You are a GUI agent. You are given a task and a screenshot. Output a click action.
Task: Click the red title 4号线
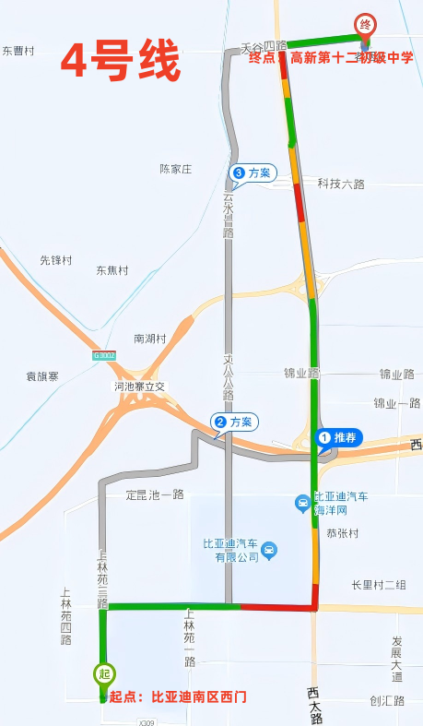[x=121, y=64]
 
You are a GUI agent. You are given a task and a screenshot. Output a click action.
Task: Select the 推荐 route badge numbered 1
[x=340, y=436]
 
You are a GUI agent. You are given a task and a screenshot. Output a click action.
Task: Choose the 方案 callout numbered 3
[x=253, y=173]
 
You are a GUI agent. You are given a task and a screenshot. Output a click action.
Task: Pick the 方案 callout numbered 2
[x=235, y=422]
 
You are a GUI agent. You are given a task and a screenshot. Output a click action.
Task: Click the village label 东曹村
[x=18, y=52]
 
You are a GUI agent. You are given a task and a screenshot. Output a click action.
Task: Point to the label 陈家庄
[x=175, y=169]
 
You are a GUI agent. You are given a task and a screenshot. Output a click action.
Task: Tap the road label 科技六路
[x=341, y=184]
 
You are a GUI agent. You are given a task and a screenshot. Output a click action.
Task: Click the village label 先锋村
[x=56, y=261]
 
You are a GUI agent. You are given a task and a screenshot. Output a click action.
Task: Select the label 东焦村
[x=112, y=270]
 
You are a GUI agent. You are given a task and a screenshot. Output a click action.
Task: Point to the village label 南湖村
[x=150, y=339]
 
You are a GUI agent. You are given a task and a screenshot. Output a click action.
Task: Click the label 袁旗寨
[x=42, y=376]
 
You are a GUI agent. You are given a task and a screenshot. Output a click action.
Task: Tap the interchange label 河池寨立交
[x=139, y=387]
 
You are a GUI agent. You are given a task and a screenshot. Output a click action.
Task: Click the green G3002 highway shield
[x=104, y=355]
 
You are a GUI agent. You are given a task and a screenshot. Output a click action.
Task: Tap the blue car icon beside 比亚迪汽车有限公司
[x=268, y=552]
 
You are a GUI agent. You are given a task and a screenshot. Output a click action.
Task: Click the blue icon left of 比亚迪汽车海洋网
[x=301, y=503]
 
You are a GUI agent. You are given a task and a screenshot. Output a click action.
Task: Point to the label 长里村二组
[x=379, y=585]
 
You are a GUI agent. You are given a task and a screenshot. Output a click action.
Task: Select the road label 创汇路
[x=387, y=700]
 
